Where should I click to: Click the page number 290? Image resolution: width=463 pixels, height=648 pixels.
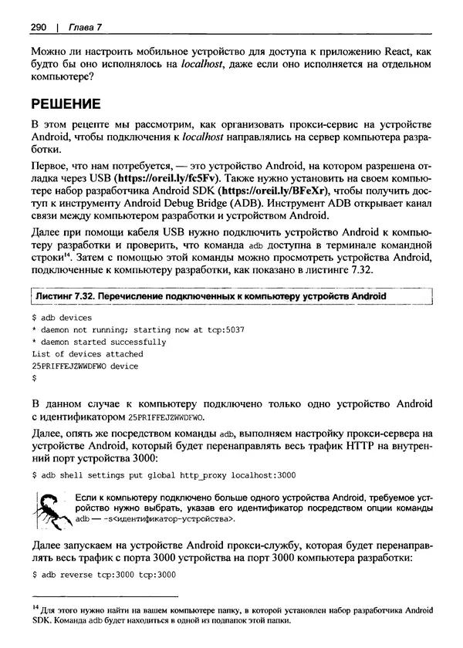point(39,28)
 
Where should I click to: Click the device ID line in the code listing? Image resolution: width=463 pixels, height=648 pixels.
point(85,366)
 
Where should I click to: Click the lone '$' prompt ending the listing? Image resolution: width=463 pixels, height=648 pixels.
point(35,378)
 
